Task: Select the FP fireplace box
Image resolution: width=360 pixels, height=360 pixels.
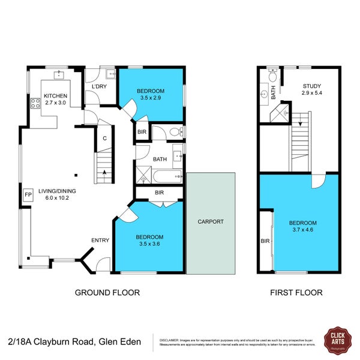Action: pyautogui.click(x=28, y=195)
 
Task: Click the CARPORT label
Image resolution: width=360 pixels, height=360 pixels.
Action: pyautogui.click(x=210, y=221)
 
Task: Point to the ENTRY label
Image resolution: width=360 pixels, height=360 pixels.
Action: pyautogui.click(x=100, y=241)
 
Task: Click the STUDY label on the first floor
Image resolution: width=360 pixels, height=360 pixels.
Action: pyautogui.click(x=311, y=86)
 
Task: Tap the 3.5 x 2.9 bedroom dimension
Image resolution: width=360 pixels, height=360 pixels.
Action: pyautogui.click(x=151, y=97)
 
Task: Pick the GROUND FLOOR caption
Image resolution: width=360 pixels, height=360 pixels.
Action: pyautogui.click(x=107, y=293)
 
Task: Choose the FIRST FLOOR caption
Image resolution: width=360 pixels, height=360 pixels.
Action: pyautogui.click(x=296, y=293)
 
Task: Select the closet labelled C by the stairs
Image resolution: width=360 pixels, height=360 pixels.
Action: pyautogui.click(x=104, y=139)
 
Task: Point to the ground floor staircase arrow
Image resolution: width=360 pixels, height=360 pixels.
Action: pyautogui.click(x=106, y=173)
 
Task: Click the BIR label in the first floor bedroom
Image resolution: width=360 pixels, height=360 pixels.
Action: pyautogui.click(x=265, y=241)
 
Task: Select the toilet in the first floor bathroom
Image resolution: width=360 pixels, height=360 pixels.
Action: pyautogui.click(x=272, y=77)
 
